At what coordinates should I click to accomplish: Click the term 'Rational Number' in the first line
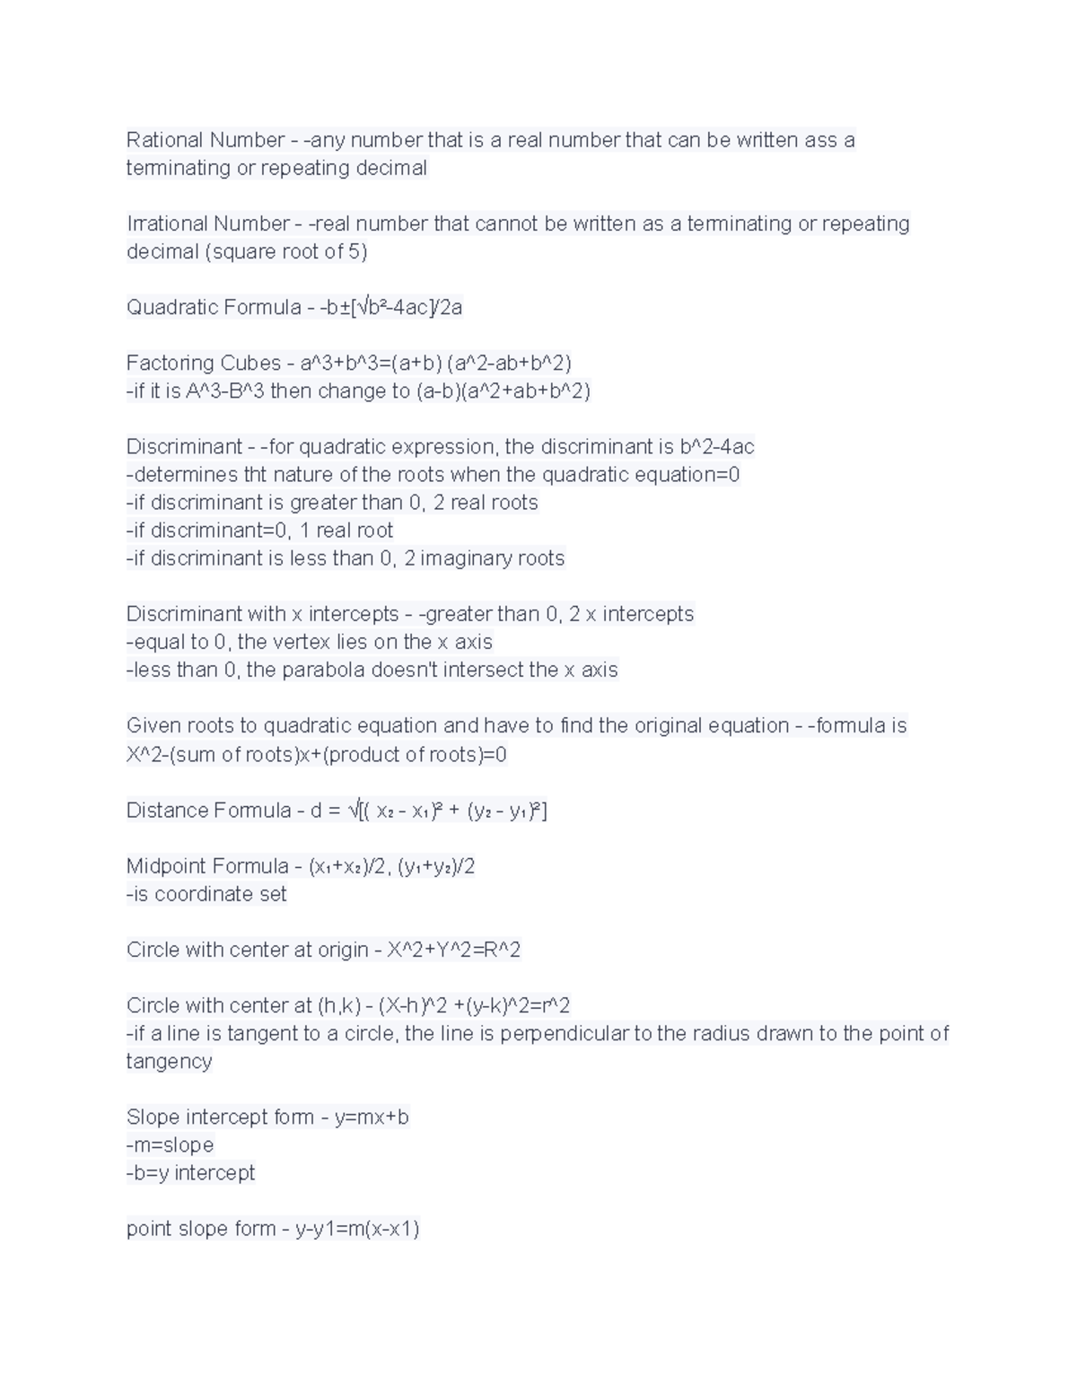205,140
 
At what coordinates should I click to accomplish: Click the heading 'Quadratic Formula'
214,307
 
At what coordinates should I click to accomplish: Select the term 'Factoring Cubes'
204,363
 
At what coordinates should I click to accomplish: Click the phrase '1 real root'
346,530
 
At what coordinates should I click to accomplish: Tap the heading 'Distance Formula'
208,811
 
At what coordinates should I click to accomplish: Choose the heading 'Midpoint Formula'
207,866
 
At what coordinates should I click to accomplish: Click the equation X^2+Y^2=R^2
453,950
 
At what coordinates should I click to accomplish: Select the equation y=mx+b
371,1118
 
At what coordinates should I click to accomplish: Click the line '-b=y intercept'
190,1173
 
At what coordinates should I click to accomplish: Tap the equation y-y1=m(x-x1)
357,1229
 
